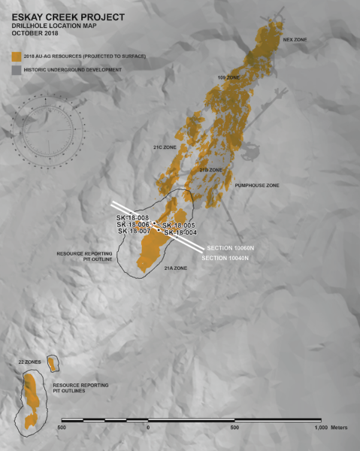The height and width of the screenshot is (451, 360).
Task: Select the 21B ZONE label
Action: click(211, 171)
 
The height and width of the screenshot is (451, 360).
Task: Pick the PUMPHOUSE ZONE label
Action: click(257, 184)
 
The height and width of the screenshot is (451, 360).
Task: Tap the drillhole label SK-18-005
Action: click(180, 225)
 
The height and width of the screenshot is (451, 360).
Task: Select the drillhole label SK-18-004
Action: click(181, 232)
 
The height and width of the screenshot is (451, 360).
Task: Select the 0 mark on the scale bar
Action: click(148, 427)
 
